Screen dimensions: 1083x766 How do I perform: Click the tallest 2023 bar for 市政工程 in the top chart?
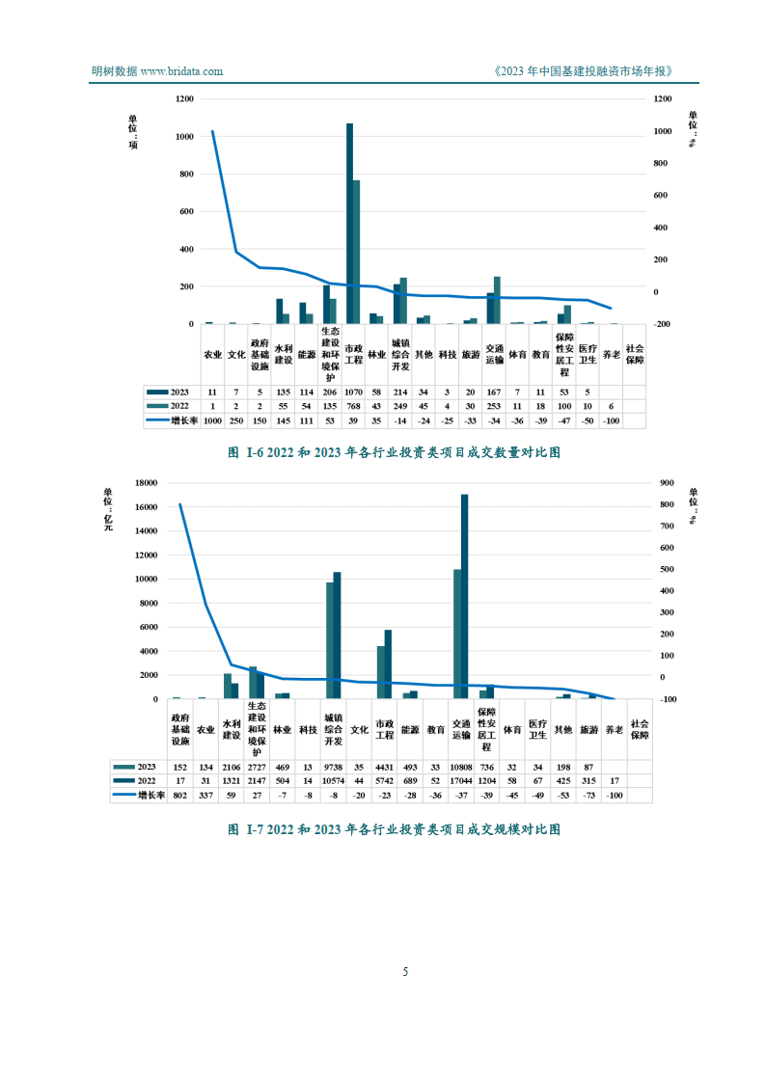tap(349, 224)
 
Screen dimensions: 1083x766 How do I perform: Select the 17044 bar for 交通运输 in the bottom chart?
tap(464, 596)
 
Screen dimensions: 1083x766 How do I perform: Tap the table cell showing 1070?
tap(354, 393)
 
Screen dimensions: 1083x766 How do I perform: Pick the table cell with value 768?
tap(354, 407)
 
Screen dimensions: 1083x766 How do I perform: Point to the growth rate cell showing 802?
tap(179, 796)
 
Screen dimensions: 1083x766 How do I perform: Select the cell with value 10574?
tap(333, 781)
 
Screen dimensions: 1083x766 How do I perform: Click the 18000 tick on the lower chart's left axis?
tap(146, 483)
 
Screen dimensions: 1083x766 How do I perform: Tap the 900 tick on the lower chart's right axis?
tap(667, 483)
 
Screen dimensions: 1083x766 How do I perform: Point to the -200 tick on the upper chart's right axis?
tap(663, 324)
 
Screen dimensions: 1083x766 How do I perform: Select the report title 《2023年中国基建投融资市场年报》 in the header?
tap(581, 71)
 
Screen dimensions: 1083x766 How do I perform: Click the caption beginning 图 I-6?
tap(393, 451)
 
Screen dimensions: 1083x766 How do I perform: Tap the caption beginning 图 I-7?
tap(393, 828)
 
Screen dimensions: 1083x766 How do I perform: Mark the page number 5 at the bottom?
tap(405, 971)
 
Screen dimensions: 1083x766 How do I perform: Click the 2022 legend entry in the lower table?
tap(141, 781)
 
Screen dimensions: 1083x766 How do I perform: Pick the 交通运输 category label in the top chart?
tap(495, 354)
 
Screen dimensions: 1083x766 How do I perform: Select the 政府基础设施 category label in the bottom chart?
tap(180, 729)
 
